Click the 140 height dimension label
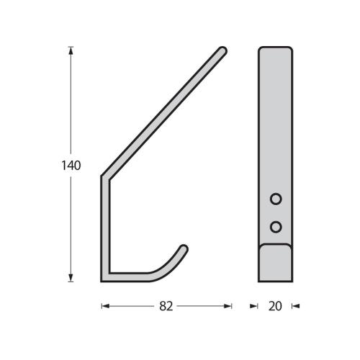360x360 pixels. tap(70, 166)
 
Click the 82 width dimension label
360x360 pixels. tap(166, 306)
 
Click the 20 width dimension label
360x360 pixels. tap(274, 306)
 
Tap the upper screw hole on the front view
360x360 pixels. tap(275, 198)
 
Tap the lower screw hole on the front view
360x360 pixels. tap(275, 227)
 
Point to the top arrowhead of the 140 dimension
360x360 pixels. tap(71, 50)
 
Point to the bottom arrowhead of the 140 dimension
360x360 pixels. tap(71, 278)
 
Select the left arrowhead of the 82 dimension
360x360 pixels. tap(104, 306)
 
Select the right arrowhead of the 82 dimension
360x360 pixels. tap(229, 306)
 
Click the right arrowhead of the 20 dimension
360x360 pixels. tap(295, 306)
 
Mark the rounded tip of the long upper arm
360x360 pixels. tap(223, 50)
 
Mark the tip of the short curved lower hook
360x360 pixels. tap(185, 248)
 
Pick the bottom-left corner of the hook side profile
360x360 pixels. tap(104, 278)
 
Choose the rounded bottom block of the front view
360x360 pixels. tap(275, 262)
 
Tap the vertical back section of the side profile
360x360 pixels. tap(104, 227)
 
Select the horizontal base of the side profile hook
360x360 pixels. tap(130, 276)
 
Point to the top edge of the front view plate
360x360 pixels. tap(275, 48)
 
